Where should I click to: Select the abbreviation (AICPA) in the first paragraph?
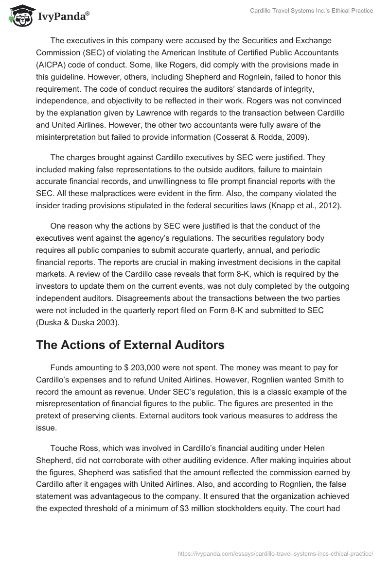[x=50, y=65]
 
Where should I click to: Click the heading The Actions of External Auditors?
[x=130, y=345]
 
